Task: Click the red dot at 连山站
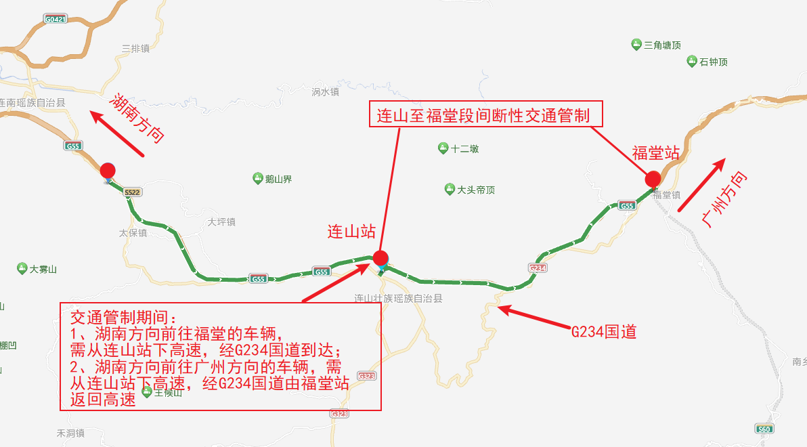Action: click(x=380, y=257)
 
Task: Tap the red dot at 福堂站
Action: click(x=653, y=179)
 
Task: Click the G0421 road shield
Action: click(x=55, y=20)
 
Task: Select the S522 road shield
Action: click(x=133, y=193)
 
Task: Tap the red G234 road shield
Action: click(x=538, y=268)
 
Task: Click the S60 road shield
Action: click(x=764, y=429)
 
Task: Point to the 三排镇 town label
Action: click(x=135, y=48)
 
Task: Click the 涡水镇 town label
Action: click(x=325, y=91)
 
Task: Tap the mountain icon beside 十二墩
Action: click(x=443, y=148)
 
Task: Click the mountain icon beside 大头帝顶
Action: click(x=450, y=189)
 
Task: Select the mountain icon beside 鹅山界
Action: click(x=257, y=179)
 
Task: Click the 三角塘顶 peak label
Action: click(x=662, y=45)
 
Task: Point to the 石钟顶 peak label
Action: click(x=714, y=62)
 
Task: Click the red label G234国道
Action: click(x=604, y=332)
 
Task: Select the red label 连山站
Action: click(x=351, y=232)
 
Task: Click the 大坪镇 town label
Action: click(x=221, y=221)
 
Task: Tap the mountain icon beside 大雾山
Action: click(x=22, y=269)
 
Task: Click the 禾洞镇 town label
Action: click(x=70, y=433)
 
